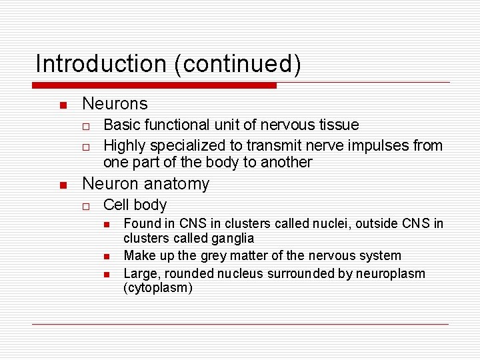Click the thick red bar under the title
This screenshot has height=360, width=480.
155,85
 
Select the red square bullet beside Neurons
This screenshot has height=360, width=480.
62,105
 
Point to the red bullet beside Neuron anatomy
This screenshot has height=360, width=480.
62,185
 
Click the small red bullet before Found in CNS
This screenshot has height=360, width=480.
106,224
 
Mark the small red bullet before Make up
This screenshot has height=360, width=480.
106,257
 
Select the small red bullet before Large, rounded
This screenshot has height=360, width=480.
106,275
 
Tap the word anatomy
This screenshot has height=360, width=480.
178,183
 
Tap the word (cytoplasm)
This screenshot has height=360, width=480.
158,288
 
